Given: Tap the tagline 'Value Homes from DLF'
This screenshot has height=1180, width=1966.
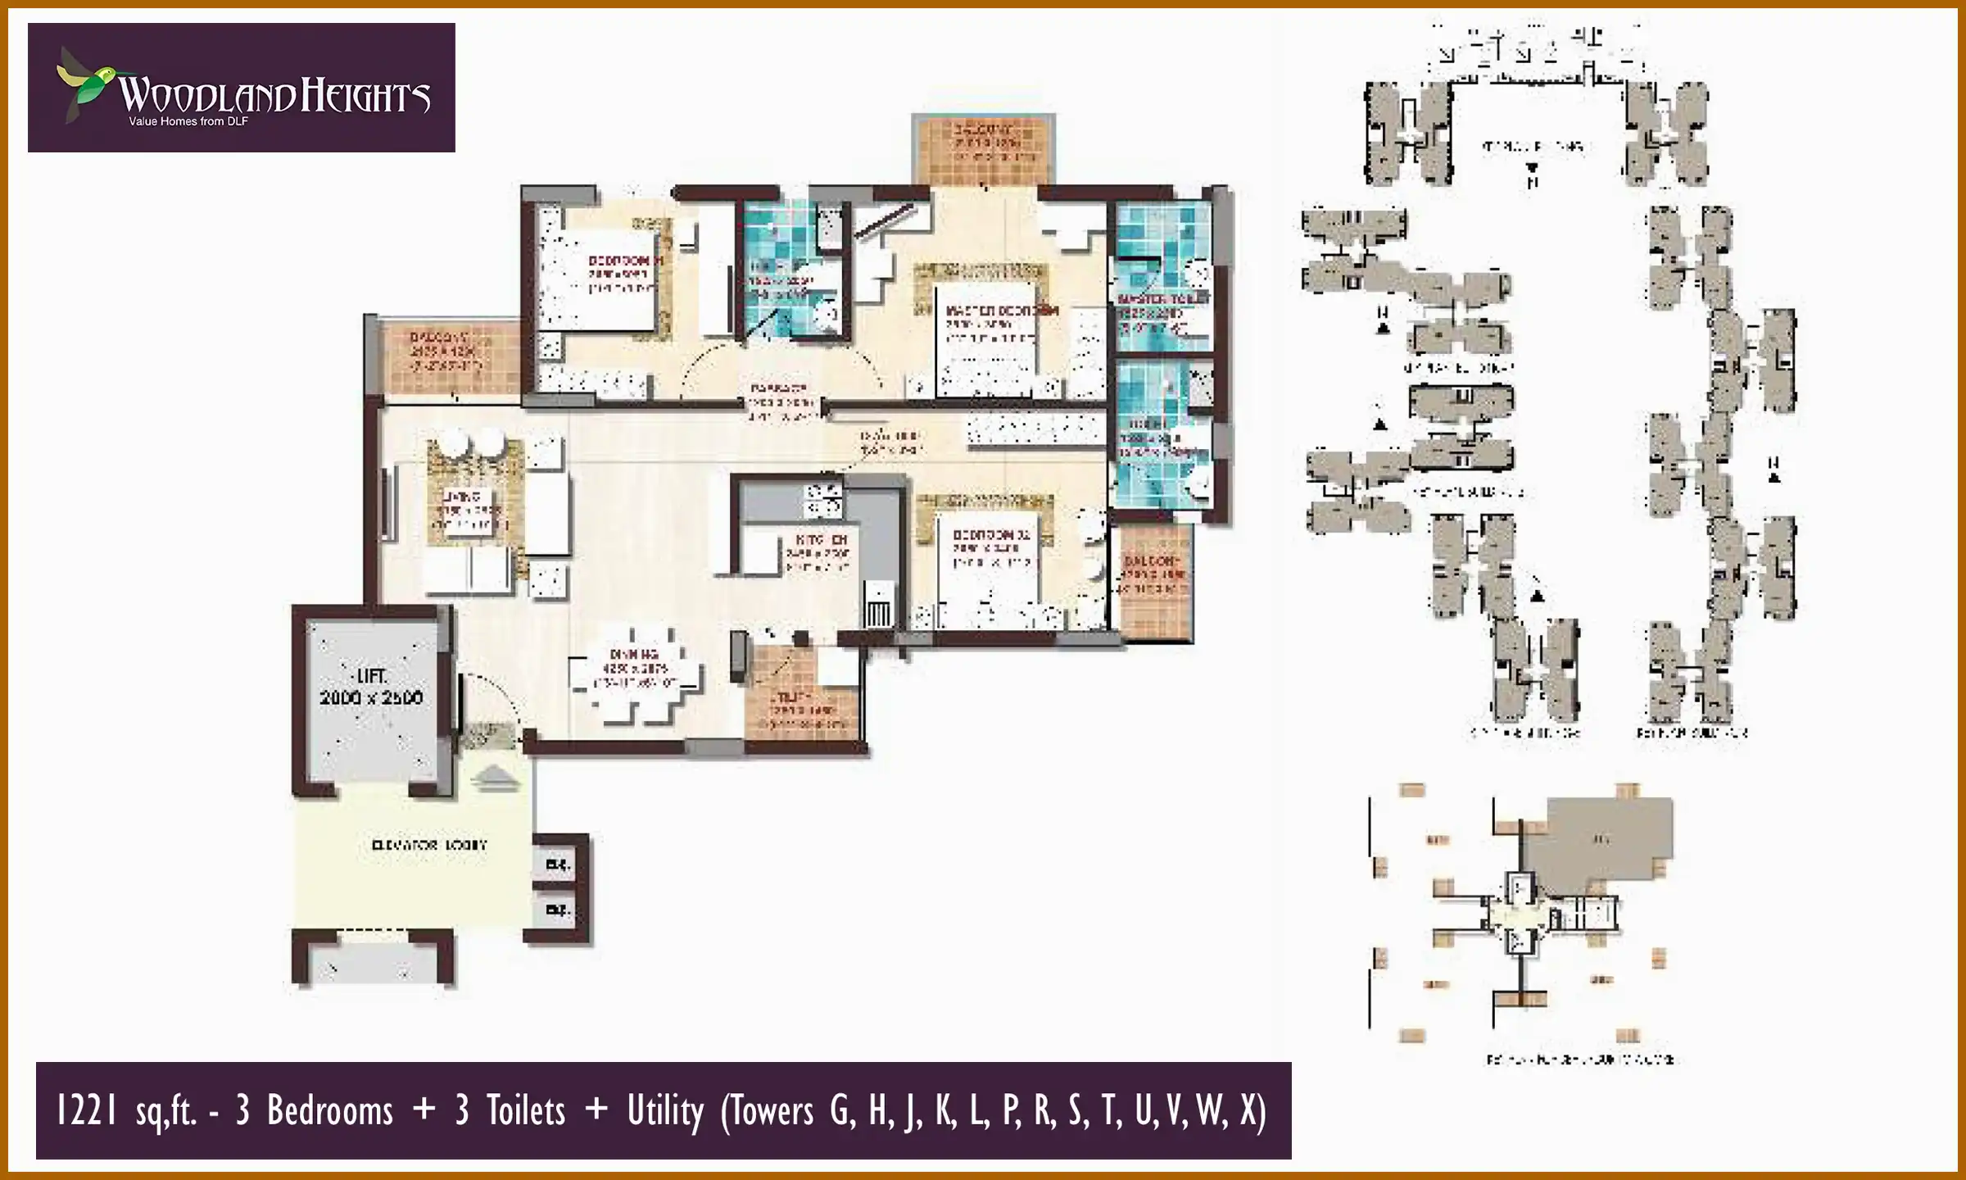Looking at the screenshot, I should [x=188, y=122].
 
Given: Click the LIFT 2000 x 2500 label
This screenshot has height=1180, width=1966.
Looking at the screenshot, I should [x=371, y=687].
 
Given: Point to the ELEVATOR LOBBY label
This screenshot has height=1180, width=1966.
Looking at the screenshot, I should [x=428, y=844].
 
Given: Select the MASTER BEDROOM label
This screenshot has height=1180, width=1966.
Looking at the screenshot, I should [x=1001, y=311].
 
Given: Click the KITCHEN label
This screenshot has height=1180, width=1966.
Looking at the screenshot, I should [x=820, y=541].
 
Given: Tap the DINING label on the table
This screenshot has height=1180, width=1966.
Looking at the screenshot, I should [x=634, y=655].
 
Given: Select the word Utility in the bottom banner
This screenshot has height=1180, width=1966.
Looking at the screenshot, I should [x=665, y=1112].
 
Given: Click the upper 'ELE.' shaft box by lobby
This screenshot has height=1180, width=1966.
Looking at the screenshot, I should [x=558, y=865].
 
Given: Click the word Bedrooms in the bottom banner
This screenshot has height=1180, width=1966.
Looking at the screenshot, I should [x=329, y=1112].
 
